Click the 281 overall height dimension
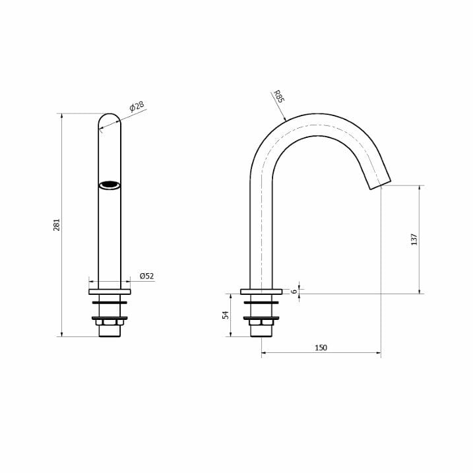tap(57, 224)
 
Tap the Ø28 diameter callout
tap(137, 107)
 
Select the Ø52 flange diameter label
tap(146, 276)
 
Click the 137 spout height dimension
tap(414, 239)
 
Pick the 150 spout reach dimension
tap(321, 348)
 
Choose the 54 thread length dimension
tap(225, 315)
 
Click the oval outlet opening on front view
tap(110, 185)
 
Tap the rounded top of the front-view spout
tap(110, 117)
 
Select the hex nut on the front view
tap(110, 323)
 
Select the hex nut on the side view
tap(261, 323)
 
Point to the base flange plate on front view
tap(110, 292)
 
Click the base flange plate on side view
tap(261, 292)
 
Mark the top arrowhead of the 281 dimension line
tap(61, 116)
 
